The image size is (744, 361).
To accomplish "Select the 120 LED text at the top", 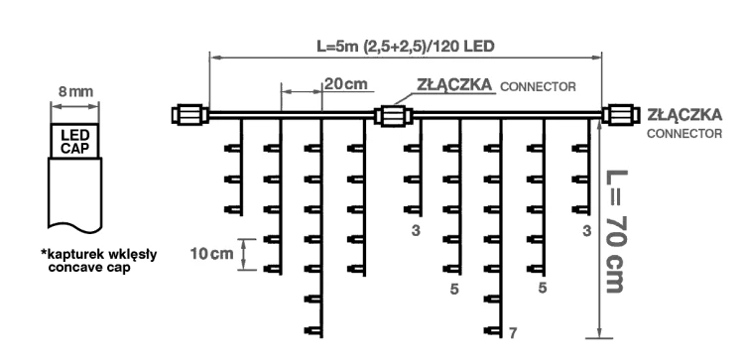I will pos(465,47).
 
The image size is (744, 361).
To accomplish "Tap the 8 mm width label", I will pos(75,91).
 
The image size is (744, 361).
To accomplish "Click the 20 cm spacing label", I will pos(344,85).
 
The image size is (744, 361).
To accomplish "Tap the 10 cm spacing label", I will pos(209,253).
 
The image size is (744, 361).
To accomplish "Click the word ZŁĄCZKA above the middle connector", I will pos(452,85).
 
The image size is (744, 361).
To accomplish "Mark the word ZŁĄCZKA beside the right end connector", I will pos(682,115).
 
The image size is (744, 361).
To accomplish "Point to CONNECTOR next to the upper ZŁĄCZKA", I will pos(538,86).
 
